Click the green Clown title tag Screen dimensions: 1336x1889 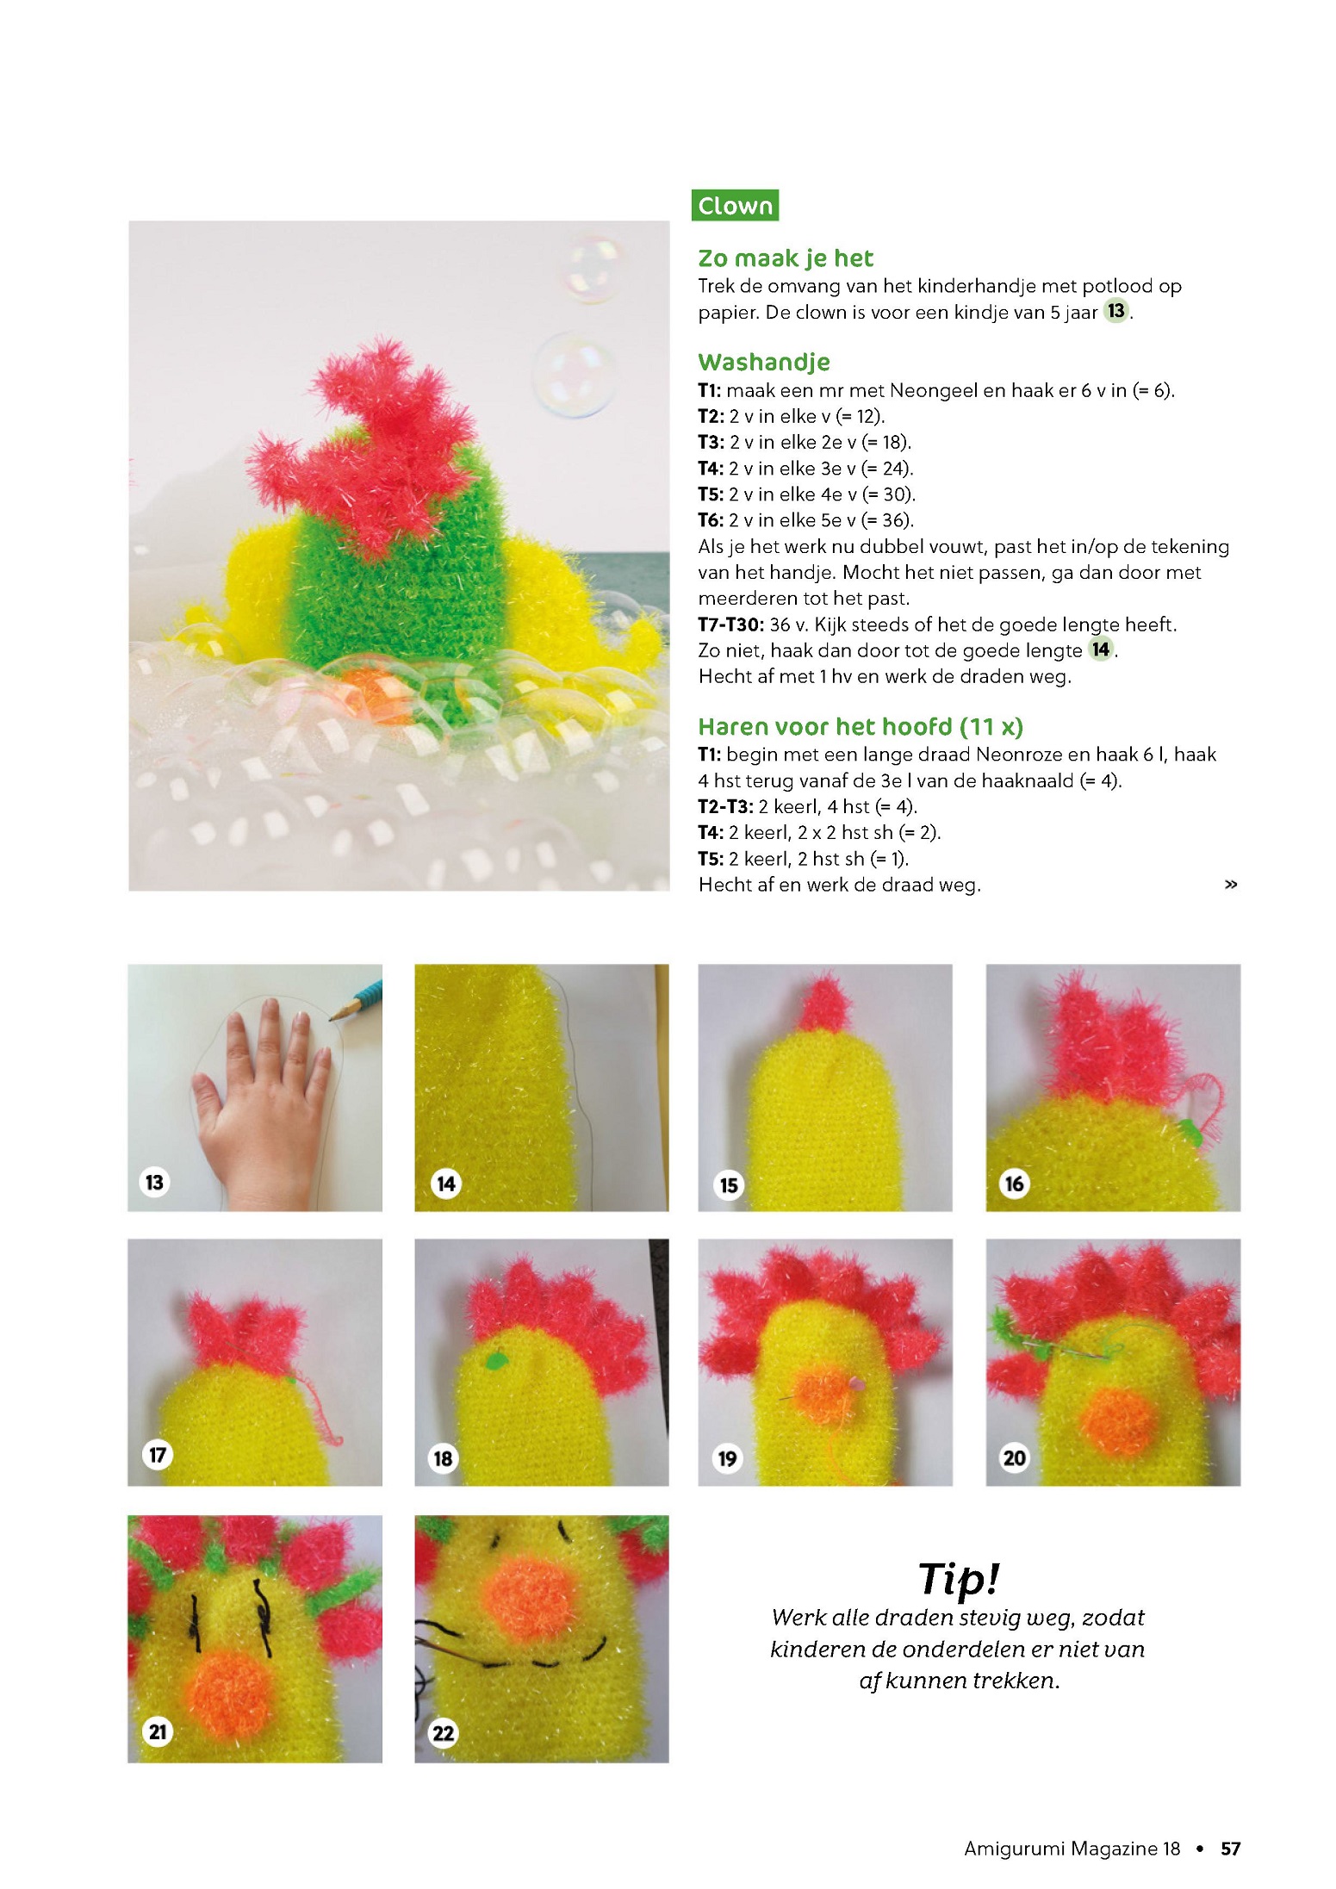point(735,205)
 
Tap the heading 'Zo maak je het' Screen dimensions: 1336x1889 point(785,258)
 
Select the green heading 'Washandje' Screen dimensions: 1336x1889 point(764,362)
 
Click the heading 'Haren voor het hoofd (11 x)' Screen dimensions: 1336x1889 point(861,726)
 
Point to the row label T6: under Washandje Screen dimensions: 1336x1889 point(711,520)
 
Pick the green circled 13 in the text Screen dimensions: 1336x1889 point(1116,311)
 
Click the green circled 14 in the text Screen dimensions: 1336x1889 point(1101,649)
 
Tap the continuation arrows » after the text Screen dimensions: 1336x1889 point(1231,885)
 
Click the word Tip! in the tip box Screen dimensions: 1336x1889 point(959,1578)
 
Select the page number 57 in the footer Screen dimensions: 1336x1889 point(1230,1849)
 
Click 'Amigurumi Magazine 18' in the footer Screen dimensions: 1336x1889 point(1072,1849)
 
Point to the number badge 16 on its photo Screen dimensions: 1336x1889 point(1014,1184)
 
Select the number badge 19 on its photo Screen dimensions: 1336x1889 point(727,1458)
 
